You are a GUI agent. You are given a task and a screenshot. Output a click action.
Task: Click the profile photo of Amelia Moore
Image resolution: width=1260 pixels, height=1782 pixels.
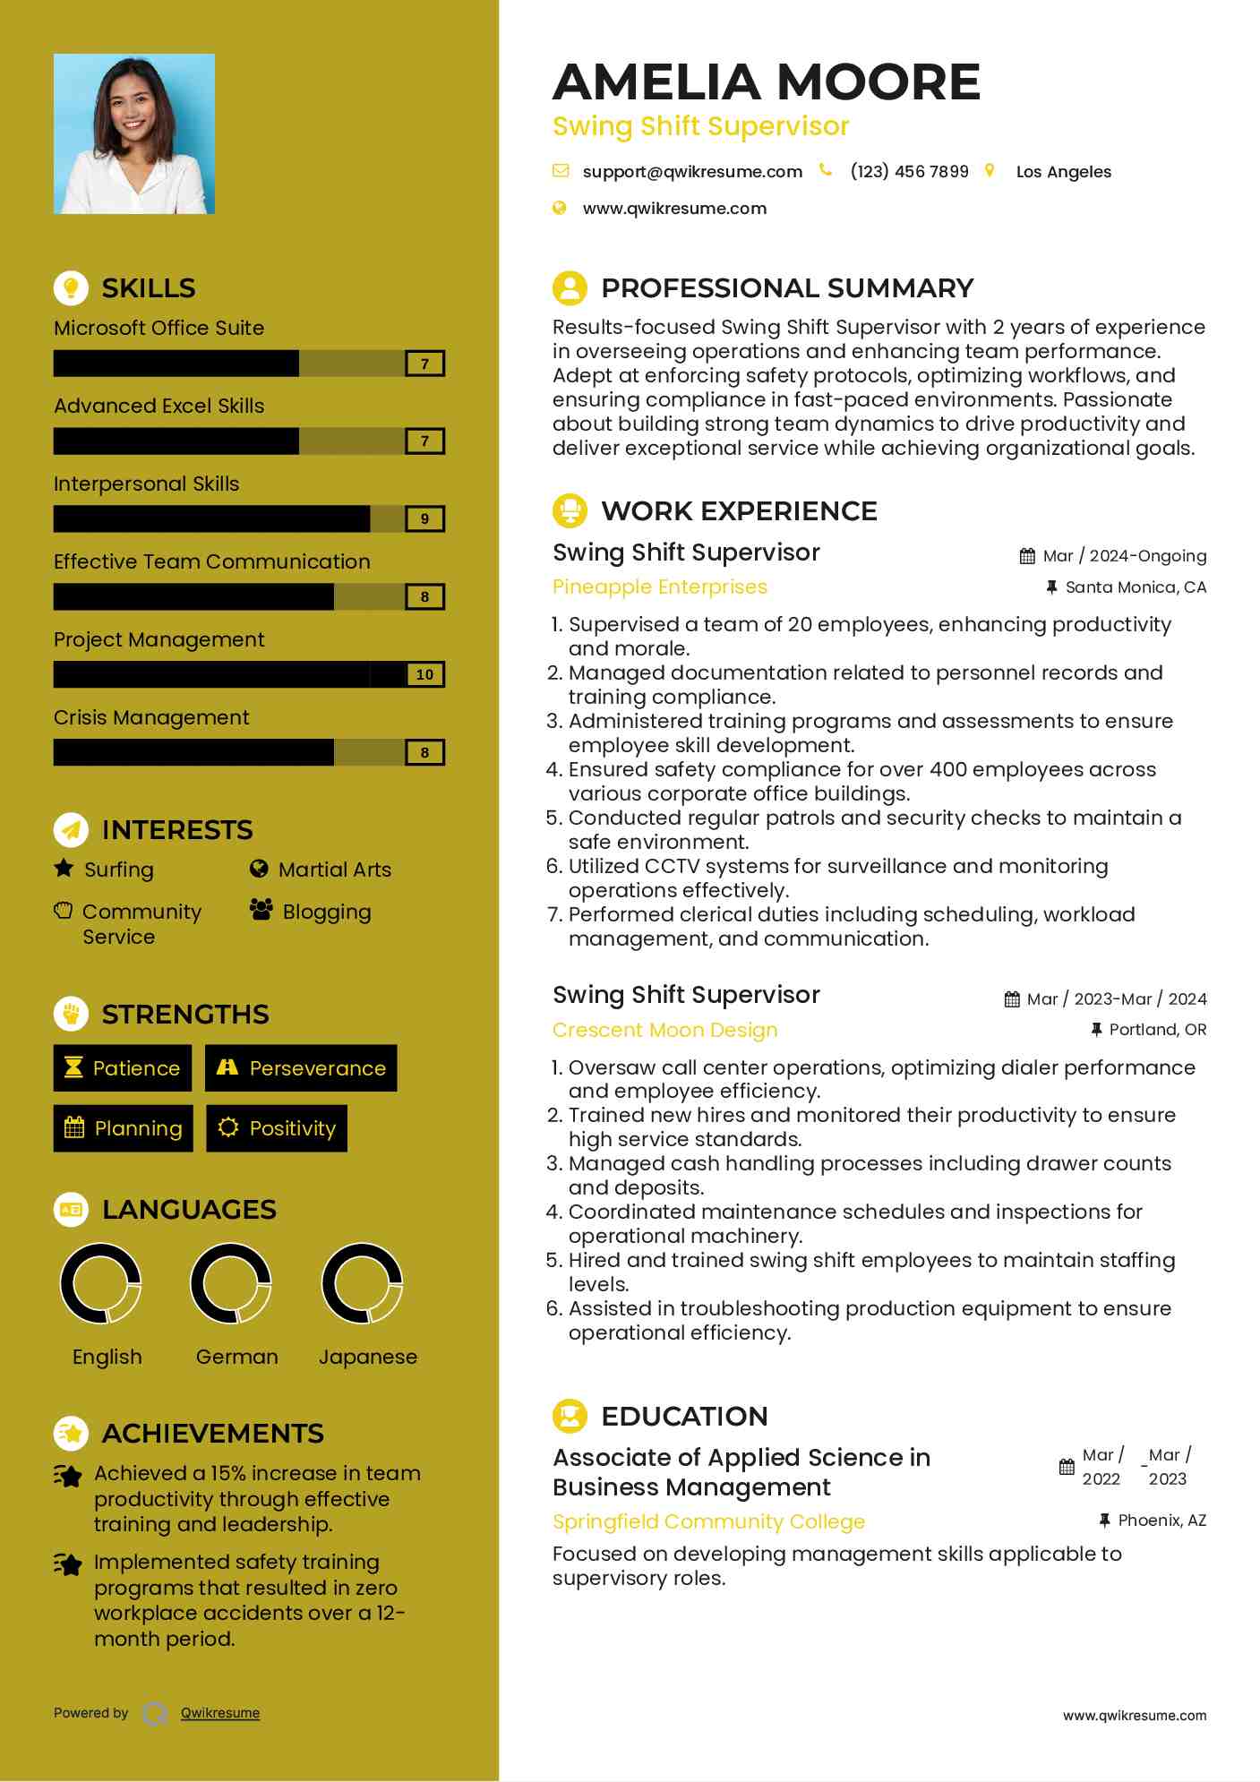click(x=134, y=133)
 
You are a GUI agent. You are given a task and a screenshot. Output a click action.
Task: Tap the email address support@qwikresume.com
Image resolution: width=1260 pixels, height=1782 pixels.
click(x=691, y=172)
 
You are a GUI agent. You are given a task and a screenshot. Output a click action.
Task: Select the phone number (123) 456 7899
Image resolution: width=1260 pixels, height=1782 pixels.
click(x=909, y=172)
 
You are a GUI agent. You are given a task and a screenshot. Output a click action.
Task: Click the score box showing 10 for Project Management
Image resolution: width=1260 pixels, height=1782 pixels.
click(x=424, y=675)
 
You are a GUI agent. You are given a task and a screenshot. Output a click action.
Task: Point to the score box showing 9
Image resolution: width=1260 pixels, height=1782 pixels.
click(x=424, y=519)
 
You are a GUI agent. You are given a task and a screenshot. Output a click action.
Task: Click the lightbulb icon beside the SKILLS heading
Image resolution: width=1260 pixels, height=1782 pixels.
click(x=71, y=287)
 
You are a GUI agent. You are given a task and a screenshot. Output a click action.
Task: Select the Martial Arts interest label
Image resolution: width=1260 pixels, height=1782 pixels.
click(x=334, y=870)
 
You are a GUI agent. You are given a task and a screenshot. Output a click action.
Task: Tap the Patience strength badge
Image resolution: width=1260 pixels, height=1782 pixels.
click(x=123, y=1068)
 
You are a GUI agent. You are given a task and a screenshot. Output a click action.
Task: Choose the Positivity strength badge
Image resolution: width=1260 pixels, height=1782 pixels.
click(x=277, y=1128)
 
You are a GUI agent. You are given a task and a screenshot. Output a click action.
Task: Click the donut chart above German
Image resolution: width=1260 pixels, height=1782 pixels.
click(x=231, y=1283)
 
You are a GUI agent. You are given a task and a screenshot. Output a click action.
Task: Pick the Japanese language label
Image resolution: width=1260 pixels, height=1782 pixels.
click(x=368, y=1357)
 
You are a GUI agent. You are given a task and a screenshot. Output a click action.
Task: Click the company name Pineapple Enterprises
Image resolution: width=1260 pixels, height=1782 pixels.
click(x=660, y=587)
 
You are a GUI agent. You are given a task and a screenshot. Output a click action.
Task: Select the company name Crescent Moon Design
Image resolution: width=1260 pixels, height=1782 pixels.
click(x=664, y=1030)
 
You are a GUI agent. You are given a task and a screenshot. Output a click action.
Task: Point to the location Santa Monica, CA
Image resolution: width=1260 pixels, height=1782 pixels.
click(x=1135, y=587)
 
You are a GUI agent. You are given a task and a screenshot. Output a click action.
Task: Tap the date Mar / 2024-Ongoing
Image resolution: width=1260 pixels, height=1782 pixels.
click(x=1124, y=556)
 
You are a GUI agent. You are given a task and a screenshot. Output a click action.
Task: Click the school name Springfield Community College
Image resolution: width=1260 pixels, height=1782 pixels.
click(x=708, y=1521)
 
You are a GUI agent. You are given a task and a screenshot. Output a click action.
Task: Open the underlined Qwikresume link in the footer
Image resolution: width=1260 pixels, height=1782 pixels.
click(x=220, y=1713)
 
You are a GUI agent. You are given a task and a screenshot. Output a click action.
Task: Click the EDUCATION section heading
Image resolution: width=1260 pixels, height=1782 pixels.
click(x=684, y=1416)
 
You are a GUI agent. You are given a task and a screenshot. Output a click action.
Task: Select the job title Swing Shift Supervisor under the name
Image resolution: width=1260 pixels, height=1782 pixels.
click(x=700, y=126)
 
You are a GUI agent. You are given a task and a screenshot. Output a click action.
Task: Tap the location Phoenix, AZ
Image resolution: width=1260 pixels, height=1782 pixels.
click(x=1161, y=1521)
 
